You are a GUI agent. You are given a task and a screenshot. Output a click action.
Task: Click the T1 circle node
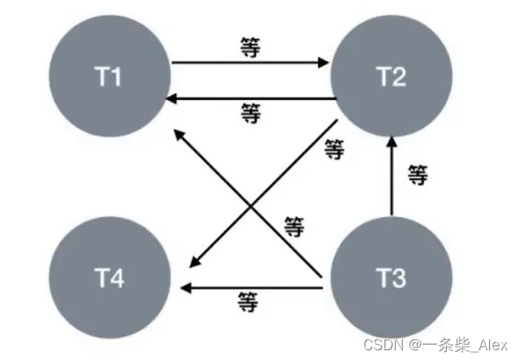(109, 78)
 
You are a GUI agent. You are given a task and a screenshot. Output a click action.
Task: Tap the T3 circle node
(392, 279)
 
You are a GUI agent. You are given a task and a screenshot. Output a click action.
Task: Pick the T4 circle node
(109, 279)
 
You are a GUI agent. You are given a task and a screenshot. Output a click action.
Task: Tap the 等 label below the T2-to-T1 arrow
(251, 115)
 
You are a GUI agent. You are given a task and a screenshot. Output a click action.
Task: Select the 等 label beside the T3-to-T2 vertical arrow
(417, 174)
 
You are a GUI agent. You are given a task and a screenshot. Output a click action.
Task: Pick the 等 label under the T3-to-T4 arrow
(249, 303)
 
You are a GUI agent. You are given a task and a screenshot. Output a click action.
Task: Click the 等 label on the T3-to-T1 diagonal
(293, 227)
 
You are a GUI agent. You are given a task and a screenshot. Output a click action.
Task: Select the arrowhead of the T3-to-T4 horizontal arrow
(185, 286)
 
